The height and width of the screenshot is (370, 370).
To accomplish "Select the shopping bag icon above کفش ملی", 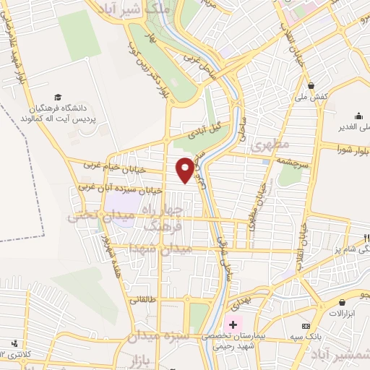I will click(310, 85).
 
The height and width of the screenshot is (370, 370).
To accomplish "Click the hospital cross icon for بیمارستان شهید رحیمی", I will click(233, 324).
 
